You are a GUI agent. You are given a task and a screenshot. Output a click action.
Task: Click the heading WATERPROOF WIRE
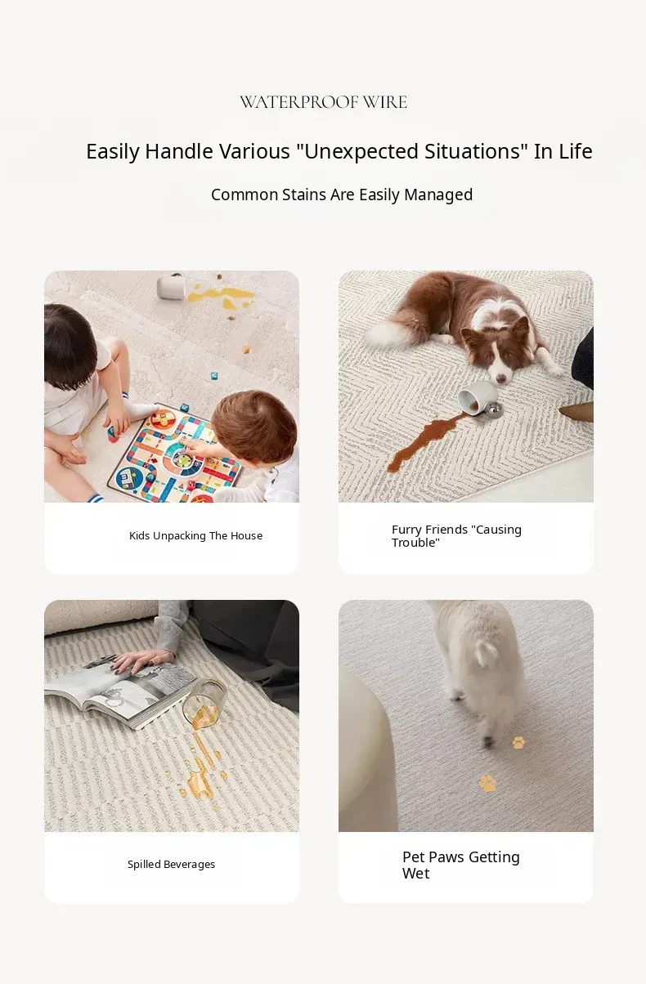coord(323,102)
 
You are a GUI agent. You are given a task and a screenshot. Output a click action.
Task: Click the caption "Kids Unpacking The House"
coord(195,535)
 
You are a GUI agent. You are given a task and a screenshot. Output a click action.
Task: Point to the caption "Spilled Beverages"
coord(172,864)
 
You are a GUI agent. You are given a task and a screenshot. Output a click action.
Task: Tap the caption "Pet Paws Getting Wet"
coord(461,865)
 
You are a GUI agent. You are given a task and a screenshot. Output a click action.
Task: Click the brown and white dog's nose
coord(500,378)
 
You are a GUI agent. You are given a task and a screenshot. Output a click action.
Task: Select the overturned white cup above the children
coord(171,286)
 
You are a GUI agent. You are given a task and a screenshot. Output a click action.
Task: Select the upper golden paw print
coord(518,743)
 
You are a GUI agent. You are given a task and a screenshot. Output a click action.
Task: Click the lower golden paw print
coord(487,783)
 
